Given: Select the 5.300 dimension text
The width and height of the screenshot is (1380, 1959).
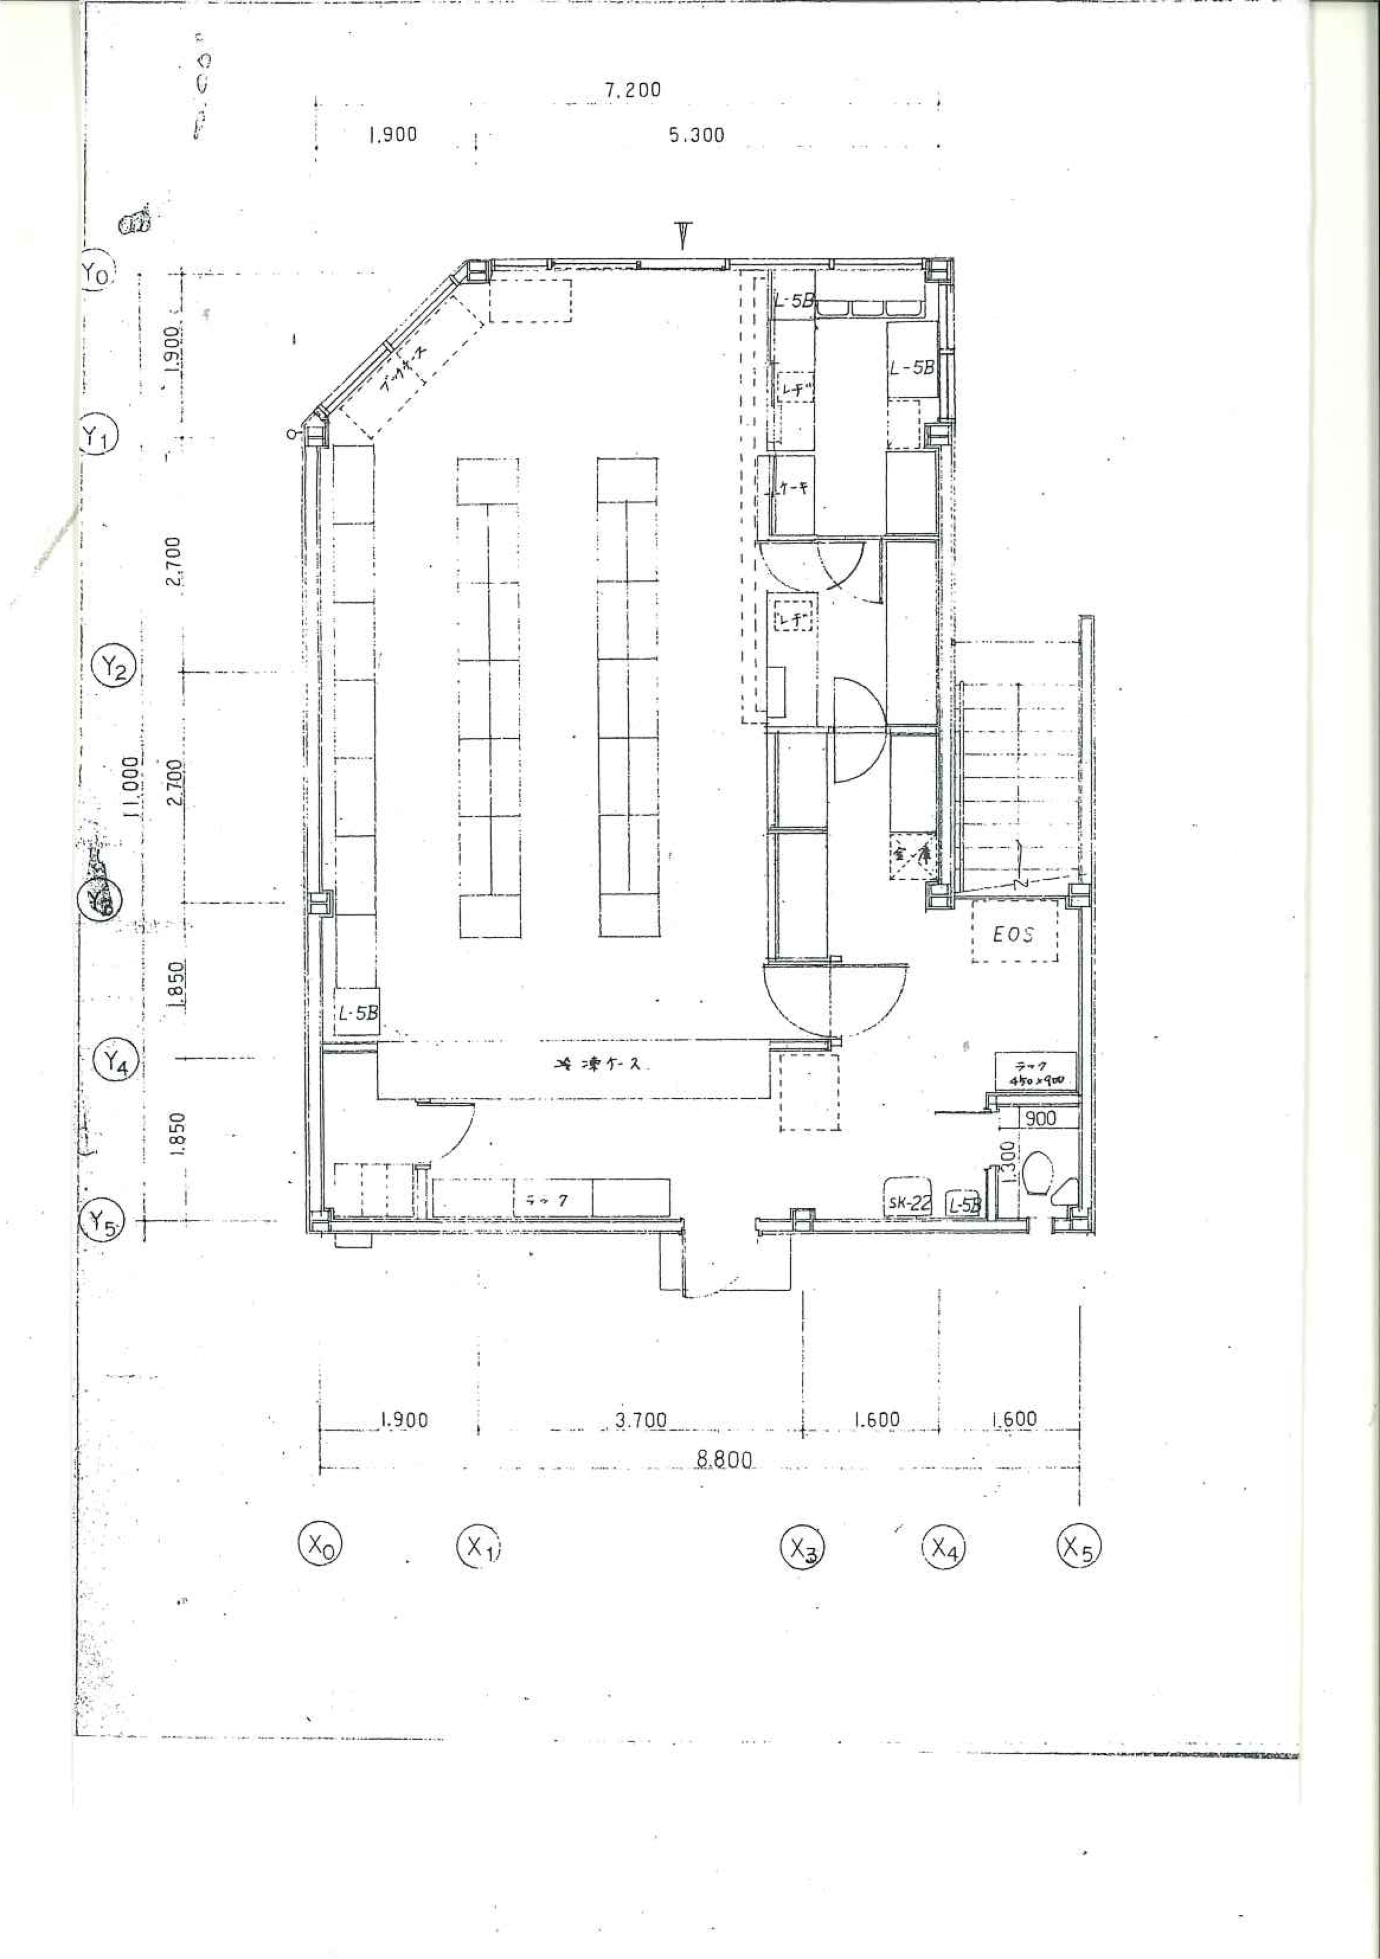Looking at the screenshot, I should pos(696,135).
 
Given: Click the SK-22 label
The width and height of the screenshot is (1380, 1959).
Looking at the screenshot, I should pos(908,1203).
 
